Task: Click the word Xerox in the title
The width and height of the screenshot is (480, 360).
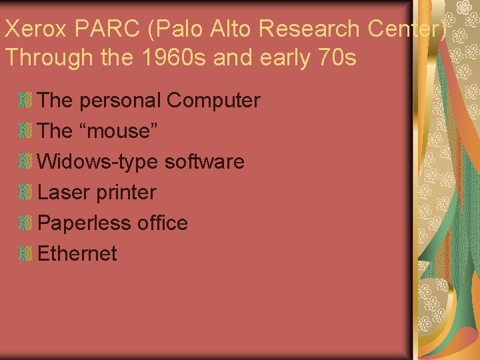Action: coord(34,29)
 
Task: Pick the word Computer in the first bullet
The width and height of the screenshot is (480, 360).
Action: coord(213,101)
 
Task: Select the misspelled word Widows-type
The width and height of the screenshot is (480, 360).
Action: coord(98,162)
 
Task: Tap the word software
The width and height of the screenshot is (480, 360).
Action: coord(204,162)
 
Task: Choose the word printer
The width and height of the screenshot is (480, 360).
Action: coord(126,193)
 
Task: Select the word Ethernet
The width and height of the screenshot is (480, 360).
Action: coord(77,254)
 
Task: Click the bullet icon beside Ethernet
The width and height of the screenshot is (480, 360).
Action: coord(25,254)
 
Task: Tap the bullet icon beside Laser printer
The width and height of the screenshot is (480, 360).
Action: coord(25,193)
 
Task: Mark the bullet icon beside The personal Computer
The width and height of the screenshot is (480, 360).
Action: coord(25,101)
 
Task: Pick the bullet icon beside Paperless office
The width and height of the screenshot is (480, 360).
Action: coord(25,223)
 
